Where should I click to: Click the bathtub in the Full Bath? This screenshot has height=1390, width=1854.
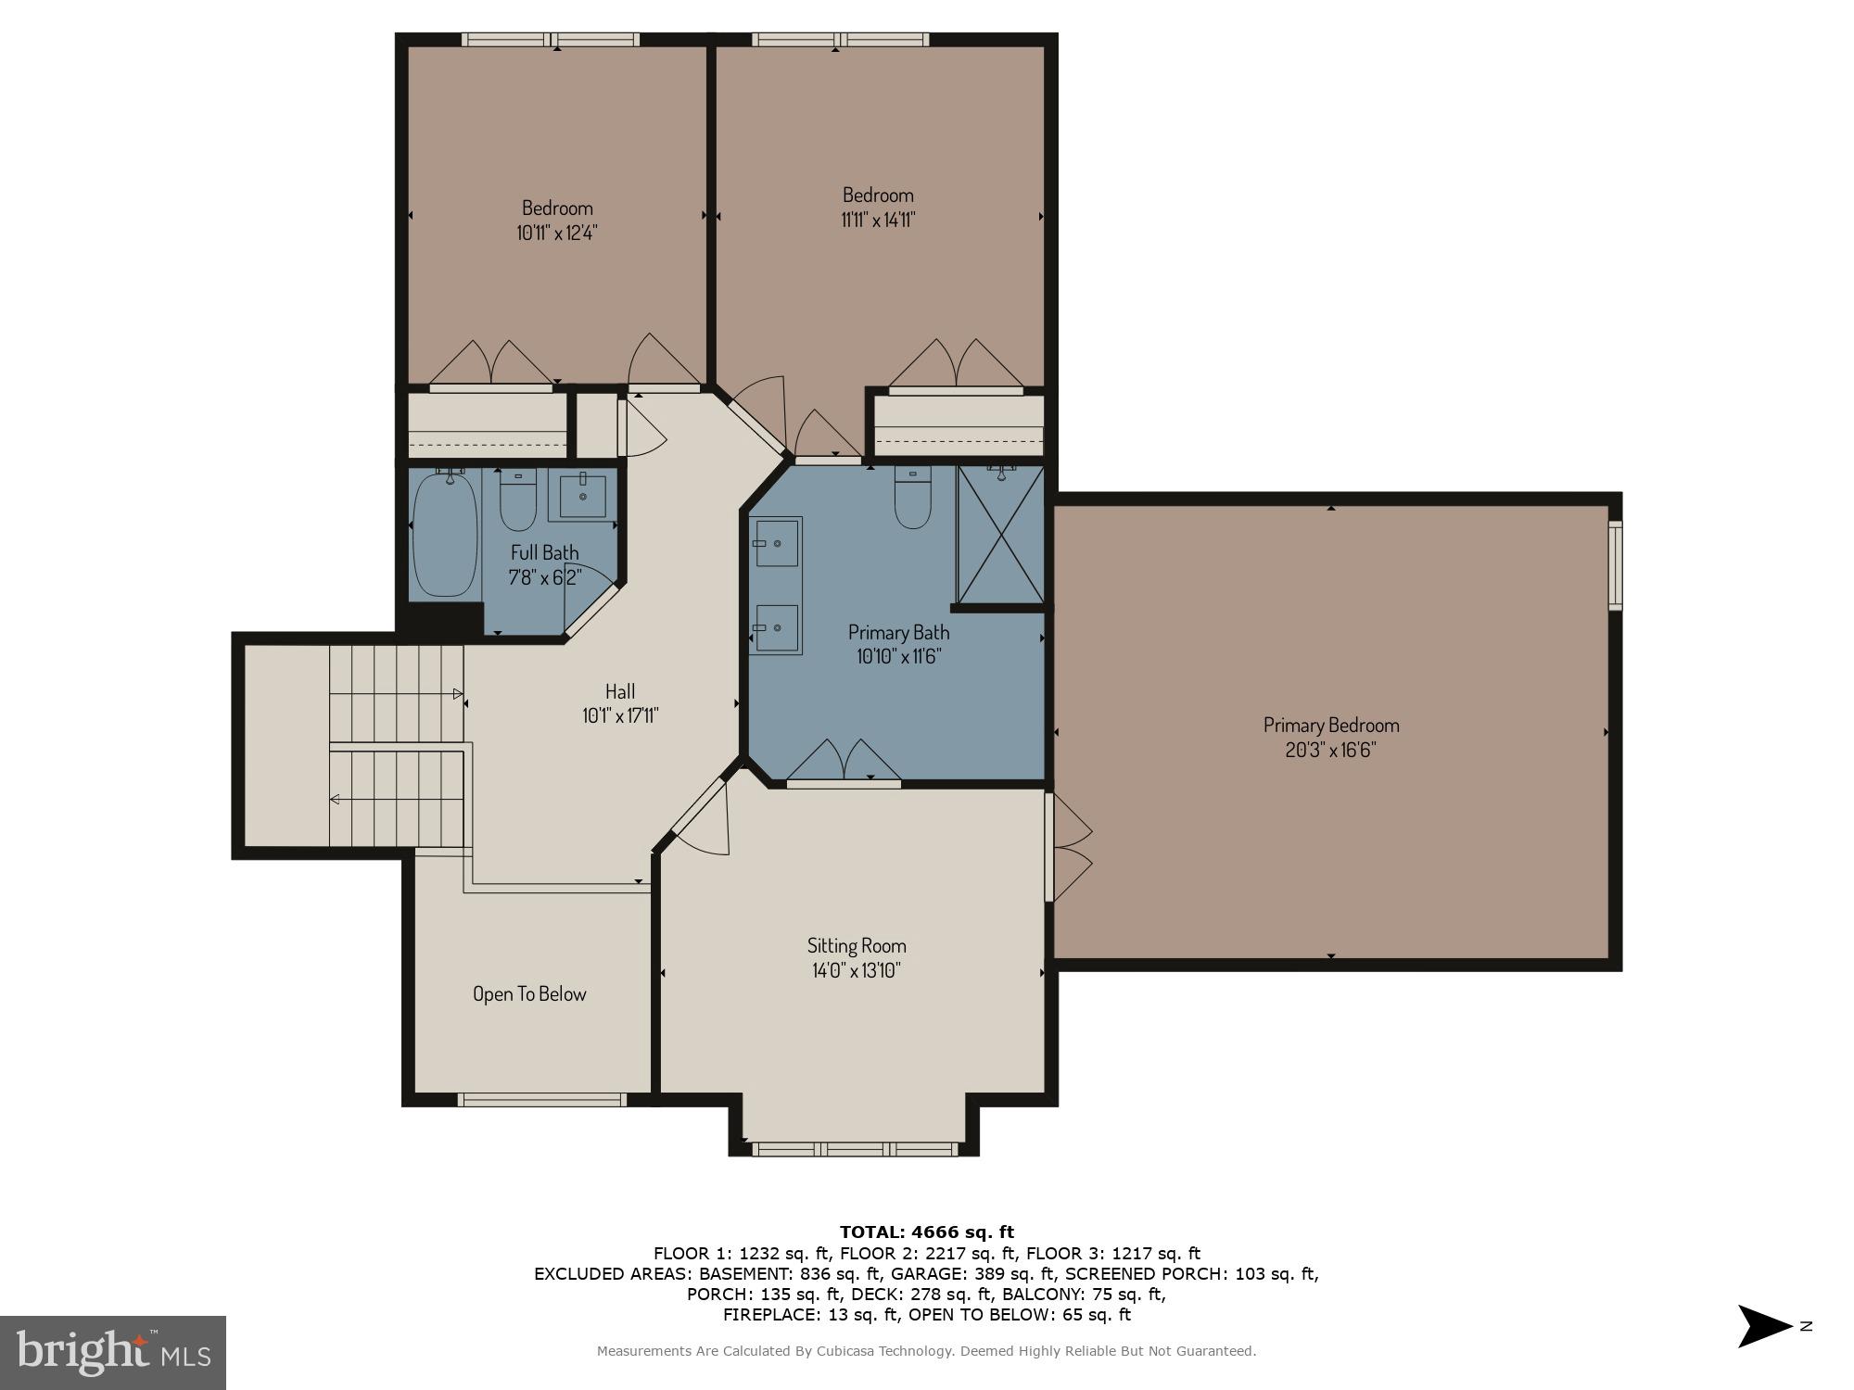(x=445, y=535)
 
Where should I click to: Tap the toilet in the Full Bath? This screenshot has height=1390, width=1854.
(x=517, y=502)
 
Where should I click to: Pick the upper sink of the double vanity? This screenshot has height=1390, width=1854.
(x=776, y=542)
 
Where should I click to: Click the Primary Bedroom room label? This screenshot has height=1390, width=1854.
(x=1330, y=725)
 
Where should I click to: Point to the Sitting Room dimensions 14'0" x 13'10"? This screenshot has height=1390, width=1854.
(x=856, y=970)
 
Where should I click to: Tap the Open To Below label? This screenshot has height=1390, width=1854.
(x=529, y=994)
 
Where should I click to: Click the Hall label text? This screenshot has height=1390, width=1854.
(x=619, y=691)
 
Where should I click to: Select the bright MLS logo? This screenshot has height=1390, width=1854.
(x=113, y=1352)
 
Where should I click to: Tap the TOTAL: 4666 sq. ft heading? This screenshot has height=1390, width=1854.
(x=926, y=1232)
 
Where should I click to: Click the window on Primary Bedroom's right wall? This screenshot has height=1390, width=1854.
(x=1615, y=565)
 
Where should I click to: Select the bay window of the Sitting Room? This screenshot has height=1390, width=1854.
(x=854, y=1149)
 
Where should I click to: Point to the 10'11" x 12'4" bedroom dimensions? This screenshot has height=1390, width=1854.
(x=556, y=233)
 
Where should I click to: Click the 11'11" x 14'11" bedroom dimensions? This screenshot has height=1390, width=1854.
(x=878, y=221)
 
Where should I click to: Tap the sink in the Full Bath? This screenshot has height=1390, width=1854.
(x=583, y=496)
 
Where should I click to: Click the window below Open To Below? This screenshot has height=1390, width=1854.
(x=543, y=1100)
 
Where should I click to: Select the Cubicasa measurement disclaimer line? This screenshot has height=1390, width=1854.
(x=926, y=1352)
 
